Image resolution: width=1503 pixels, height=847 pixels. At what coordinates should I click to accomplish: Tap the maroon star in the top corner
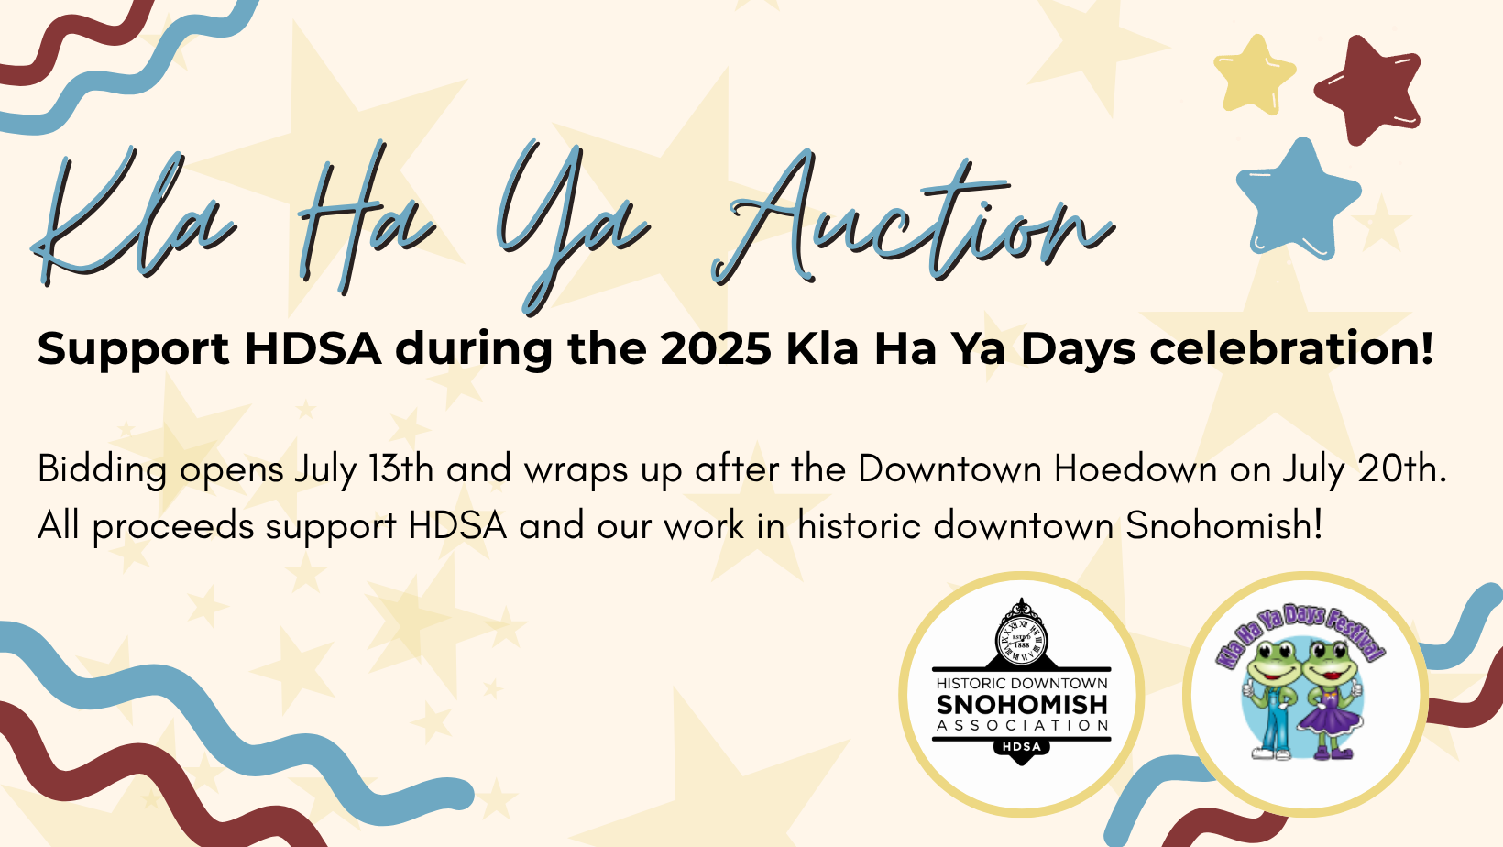1368,88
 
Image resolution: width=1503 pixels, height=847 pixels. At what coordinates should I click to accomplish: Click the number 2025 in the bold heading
716,349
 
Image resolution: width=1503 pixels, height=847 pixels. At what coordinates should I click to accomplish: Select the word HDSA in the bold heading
313,349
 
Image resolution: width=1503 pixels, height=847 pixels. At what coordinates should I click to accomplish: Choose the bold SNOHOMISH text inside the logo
1022,705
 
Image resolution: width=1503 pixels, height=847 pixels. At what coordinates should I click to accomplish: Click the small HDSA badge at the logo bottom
1021,747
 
